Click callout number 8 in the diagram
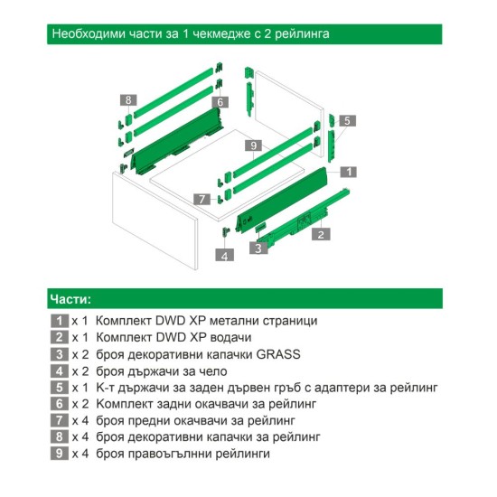[x=128, y=100]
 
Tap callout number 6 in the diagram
[x=220, y=102]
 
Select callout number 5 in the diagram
[x=347, y=120]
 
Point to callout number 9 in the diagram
[x=254, y=145]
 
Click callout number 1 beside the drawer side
[x=348, y=172]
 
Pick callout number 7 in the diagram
[x=202, y=199]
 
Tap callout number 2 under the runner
[x=321, y=234]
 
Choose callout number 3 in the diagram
[x=258, y=248]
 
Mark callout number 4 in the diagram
[x=225, y=255]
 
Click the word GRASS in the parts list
[x=278, y=354]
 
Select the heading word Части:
[x=70, y=299]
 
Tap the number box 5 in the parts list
[x=60, y=388]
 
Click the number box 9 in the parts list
[x=60, y=454]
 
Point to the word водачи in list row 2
[x=230, y=337]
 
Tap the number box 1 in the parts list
[x=60, y=321]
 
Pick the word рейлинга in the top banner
[x=302, y=33]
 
